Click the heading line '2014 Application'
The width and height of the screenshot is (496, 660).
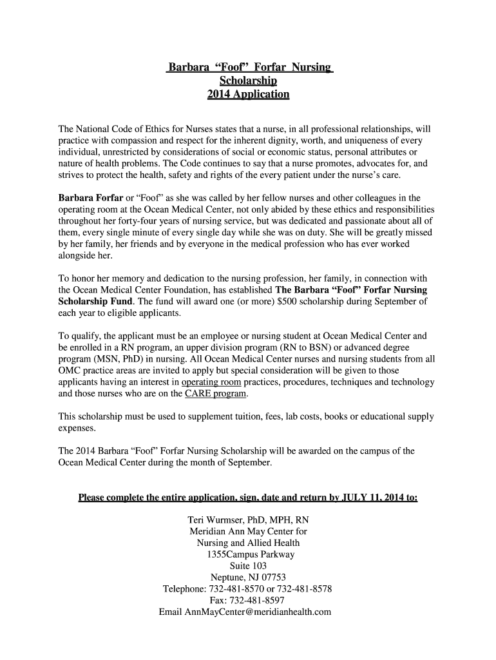pos(248,94)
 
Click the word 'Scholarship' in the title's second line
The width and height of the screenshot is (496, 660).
pos(248,81)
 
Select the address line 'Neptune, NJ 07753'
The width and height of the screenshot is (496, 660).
pos(248,577)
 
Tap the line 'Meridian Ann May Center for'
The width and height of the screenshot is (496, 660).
pos(248,532)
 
